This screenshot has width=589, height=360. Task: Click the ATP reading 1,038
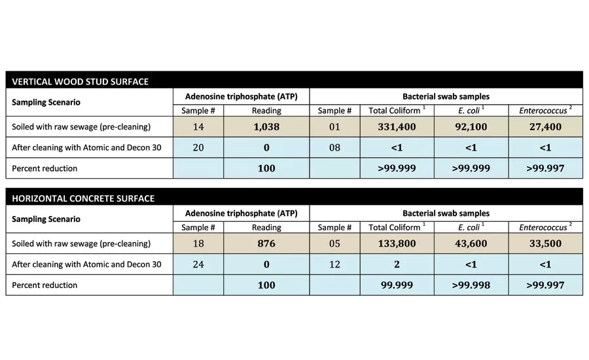[266, 127]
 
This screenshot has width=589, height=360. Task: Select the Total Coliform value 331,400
[397, 127]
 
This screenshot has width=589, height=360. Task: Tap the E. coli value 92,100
[471, 127]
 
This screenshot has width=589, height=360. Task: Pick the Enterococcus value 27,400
[545, 127]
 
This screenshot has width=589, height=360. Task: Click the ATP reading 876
[266, 243]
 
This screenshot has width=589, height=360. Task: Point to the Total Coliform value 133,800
[397, 243]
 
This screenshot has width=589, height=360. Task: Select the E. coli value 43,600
[471, 243]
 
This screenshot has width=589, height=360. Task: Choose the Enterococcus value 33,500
[545, 243]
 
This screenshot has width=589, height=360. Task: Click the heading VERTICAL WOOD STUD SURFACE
[80, 82]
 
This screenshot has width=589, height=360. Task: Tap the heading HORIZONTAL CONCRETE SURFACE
[83, 198]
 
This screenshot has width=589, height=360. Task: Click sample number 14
[198, 127]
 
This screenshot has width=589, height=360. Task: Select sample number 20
[198, 148]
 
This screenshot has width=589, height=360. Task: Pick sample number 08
[334, 148]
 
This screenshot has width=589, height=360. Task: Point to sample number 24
[198, 264]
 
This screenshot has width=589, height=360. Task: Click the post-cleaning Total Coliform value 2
[397, 264]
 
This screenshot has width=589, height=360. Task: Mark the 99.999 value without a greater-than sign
[397, 285]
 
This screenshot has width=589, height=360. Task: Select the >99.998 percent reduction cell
[471, 285]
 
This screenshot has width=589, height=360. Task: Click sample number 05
[334, 243]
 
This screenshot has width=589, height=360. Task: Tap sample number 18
[198, 243]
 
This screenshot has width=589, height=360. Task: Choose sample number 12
[334, 264]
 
